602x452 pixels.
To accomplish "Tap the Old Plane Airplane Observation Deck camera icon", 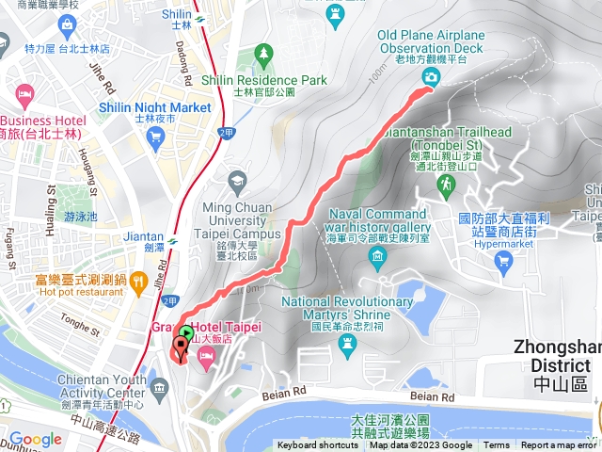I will click(x=430, y=79).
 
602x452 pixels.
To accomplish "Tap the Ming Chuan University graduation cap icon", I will click(x=238, y=179).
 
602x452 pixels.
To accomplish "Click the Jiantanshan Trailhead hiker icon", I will click(x=443, y=187).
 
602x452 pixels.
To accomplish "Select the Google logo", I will click(x=35, y=439).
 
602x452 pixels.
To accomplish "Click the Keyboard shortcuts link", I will click(x=317, y=445).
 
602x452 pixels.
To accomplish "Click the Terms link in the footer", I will click(x=497, y=445).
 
